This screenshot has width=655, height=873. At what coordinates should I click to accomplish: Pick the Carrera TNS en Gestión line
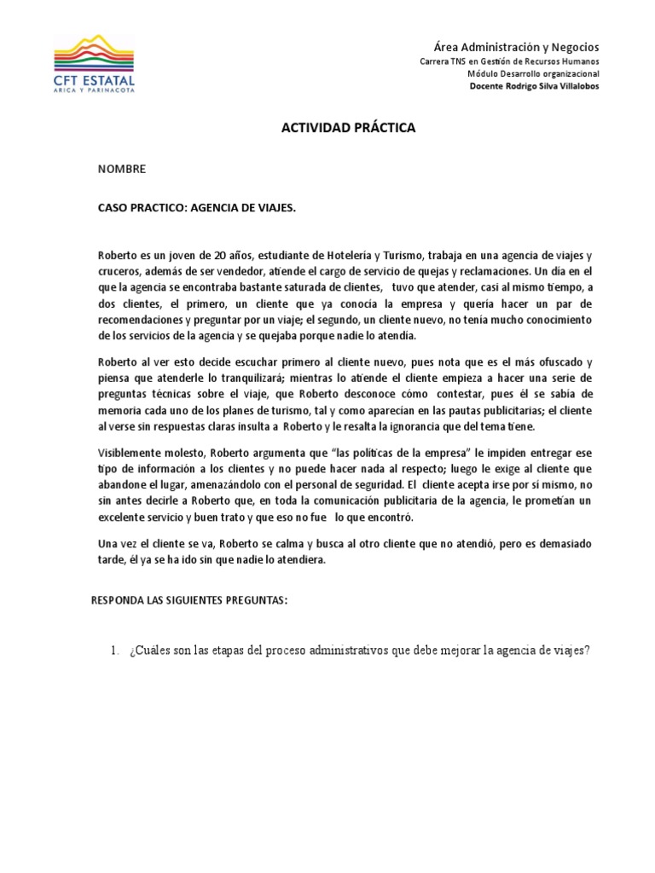(510, 61)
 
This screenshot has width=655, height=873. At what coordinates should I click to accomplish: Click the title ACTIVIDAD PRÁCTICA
(349, 128)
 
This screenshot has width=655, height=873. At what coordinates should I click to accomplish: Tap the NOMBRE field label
(122, 169)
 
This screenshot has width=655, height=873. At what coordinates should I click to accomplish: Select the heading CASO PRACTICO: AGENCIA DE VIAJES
(197, 208)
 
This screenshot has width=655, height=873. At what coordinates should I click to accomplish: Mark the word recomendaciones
(142, 320)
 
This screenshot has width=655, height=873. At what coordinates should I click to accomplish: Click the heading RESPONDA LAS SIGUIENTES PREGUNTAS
(189, 600)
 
